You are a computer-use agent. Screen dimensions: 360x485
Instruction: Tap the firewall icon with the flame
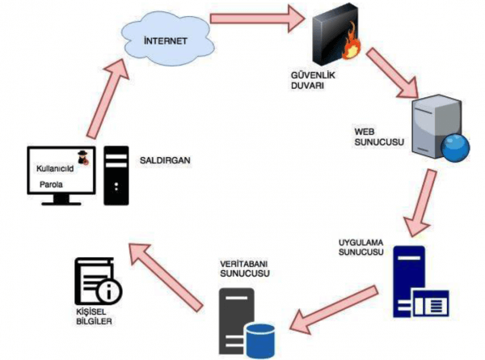336,35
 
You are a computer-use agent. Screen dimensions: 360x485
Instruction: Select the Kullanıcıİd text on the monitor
54,167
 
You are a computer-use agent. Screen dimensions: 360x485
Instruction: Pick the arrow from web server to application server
422,205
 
